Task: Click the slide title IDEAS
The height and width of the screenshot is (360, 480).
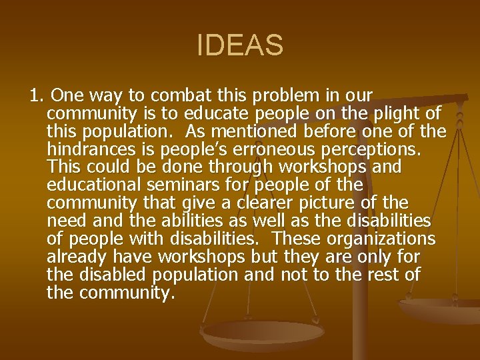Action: coord(240,46)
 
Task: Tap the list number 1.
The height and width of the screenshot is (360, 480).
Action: coord(37,95)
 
